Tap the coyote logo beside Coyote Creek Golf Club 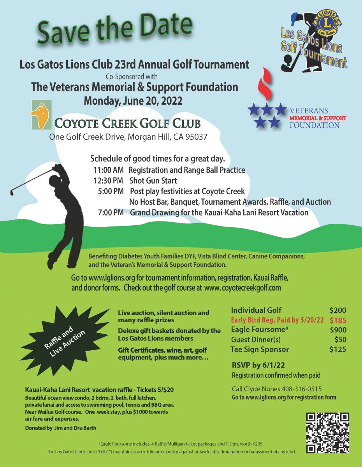tap(41, 116)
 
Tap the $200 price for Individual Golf tap(337, 311)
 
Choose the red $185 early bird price tap(337, 321)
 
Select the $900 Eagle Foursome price tap(337, 330)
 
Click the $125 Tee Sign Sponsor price tap(337, 349)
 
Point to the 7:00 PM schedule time tap(111, 213)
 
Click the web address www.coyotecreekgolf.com tap(242, 288)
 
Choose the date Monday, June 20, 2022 tap(133, 100)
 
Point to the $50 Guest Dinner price tap(340, 340)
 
